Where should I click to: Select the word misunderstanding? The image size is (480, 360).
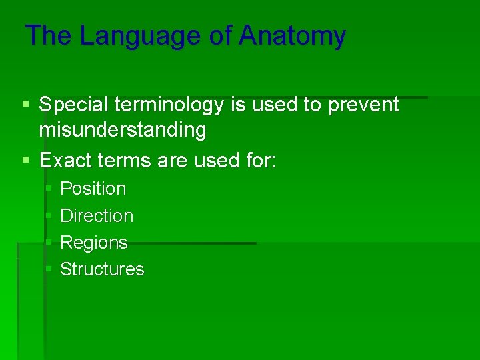(x=123, y=131)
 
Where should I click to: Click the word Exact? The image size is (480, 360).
(x=64, y=160)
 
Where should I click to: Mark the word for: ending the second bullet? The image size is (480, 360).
(x=257, y=160)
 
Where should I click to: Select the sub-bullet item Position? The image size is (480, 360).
(x=93, y=189)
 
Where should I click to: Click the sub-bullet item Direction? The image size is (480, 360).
(x=97, y=216)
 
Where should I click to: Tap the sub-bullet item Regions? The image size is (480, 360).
(x=93, y=243)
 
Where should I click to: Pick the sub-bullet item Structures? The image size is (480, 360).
(x=102, y=269)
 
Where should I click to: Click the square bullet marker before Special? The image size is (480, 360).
(x=26, y=105)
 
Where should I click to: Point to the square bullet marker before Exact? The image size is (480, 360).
(x=26, y=160)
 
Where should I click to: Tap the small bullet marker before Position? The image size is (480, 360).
(x=49, y=189)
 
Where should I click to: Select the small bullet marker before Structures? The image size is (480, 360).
(x=49, y=269)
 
